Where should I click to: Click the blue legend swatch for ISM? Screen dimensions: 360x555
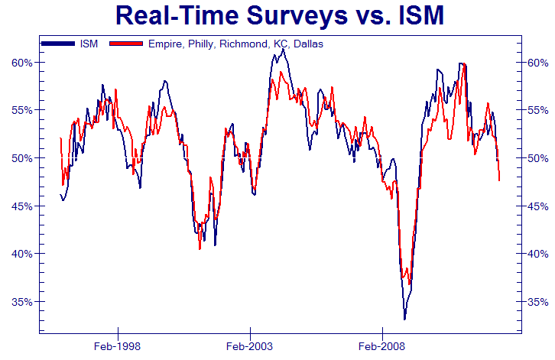(x=57, y=44)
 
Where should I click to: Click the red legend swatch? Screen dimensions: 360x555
(x=127, y=44)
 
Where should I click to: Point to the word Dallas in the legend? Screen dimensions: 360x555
(x=307, y=44)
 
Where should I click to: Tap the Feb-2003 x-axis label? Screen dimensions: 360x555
(x=250, y=345)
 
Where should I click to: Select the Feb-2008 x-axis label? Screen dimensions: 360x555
(x=381, y=345)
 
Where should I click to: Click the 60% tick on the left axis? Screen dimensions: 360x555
(x=22, y=62)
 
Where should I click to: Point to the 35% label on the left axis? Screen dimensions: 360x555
(x=22, y=301)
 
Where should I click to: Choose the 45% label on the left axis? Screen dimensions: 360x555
(x=22, y=206)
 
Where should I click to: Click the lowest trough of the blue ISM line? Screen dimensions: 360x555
(x=404, y=319)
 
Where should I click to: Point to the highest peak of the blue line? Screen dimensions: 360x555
(x=282, y=49)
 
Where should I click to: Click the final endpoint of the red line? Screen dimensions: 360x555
(x=499, y=180)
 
